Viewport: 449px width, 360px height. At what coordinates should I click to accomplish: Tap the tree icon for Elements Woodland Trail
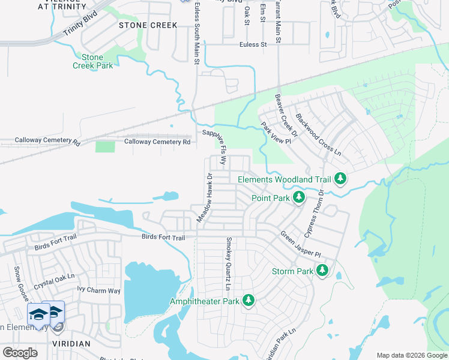click(x=340, y=179)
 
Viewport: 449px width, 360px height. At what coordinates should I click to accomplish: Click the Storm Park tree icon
click(x=322, y=271)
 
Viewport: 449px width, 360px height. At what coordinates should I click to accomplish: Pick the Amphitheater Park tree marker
click(x=249, y=301)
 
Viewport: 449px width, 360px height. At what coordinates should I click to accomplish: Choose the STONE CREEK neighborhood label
click(x=148, y=25)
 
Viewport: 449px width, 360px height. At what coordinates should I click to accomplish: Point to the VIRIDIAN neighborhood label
click(x=70, y=344)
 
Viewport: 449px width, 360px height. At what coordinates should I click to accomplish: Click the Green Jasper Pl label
click(x=301, y=245)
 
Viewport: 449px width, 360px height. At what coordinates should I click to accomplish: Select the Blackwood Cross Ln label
click(x=319, y=136)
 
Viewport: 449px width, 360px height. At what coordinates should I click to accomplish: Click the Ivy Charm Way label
click(x=99, y=290)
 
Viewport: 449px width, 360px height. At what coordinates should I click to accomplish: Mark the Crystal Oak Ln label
click(x=53, y=281)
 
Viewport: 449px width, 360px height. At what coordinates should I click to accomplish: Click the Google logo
click(x=20, y=353)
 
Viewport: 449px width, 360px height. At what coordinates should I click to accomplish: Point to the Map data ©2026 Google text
click(x=411, y=355)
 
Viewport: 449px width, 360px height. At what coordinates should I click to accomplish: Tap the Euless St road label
click(x=253, y=44)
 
